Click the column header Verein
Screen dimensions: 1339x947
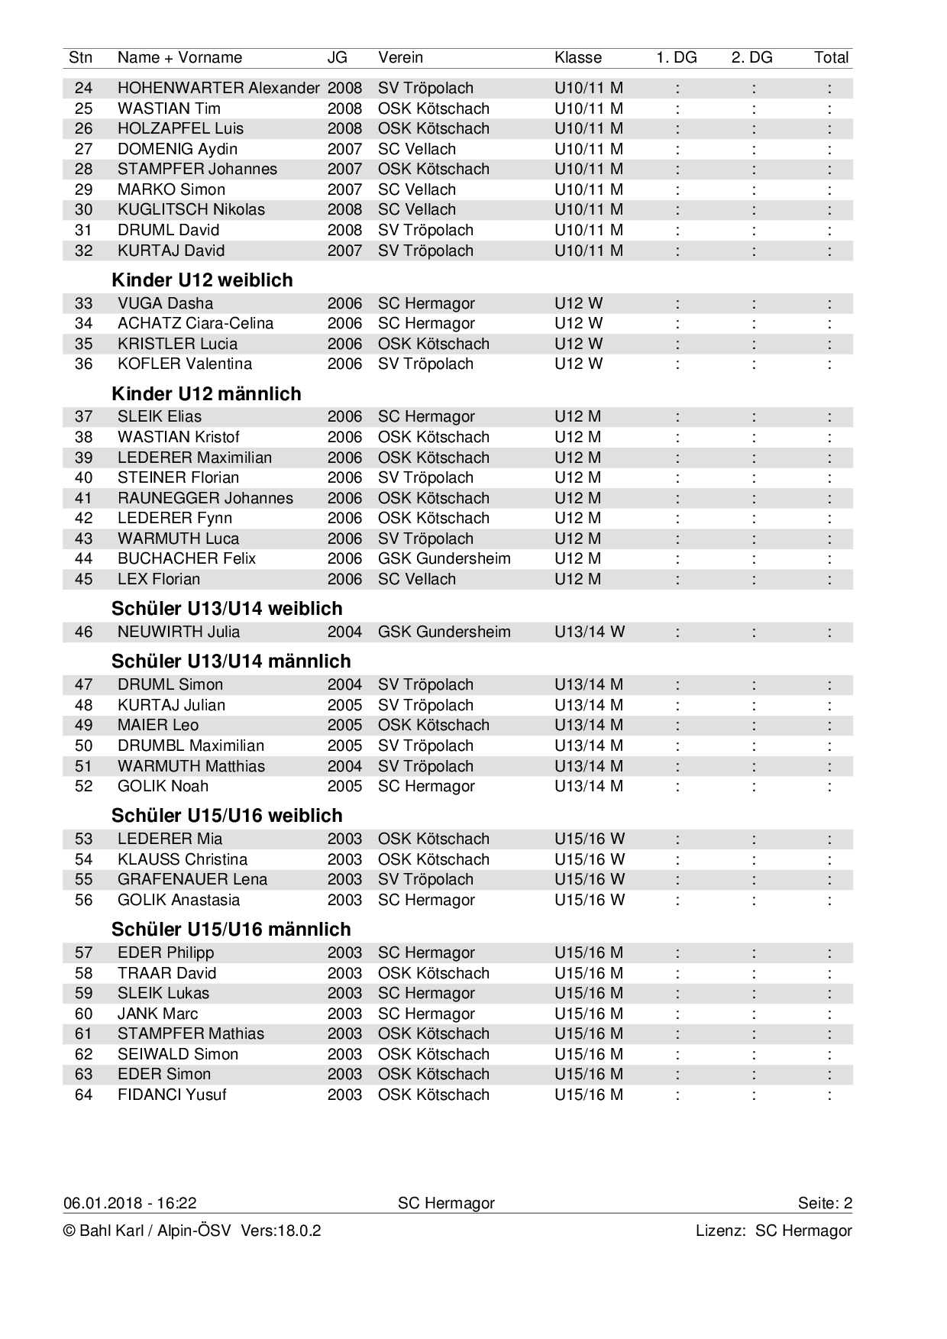pyautogui.click(x=400, y=57)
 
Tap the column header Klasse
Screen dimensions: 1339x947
pyautogui.click(x=577, y=57)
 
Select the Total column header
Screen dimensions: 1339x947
pyautogui.click(x=831, y=57)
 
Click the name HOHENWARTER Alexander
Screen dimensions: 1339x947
pyautogui.click(x=218, y=88)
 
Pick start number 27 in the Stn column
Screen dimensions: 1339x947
pyautogui.click(x=83, y=149)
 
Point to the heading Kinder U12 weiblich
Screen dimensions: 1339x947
pyautogui.click(x=202, y=280)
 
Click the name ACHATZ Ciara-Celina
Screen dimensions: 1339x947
pyautogui.click(x=195, y=323)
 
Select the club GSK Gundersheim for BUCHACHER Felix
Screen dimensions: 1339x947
pyautogui.click(x=444, y=558)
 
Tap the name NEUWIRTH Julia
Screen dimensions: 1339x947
pyautogui.click(x=178, y=632)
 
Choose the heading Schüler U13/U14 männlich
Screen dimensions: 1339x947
pyautogui.click(x=231, y=661)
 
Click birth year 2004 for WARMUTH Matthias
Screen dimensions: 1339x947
pyautogui.click(x=344, y=766)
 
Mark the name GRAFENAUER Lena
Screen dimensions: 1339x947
pyautogui.click(x=192, y=879)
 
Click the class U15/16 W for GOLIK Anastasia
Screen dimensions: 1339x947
pyautogui.click(x=589, y=900)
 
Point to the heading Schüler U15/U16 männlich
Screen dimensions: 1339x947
pyautogui.click(x=231, y=930)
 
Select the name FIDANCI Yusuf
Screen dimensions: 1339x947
pyautogui.click(x=172, y=1095)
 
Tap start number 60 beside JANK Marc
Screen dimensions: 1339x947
pyautogui.click(x=83, y=1014)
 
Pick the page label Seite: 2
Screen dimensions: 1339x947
pyautogui.click(x=825, y=1203)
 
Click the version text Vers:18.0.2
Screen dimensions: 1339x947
pyautogui.click(x=280, y=1231)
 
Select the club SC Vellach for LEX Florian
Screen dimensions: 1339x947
pyautogui.click(x=416, y=579)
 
